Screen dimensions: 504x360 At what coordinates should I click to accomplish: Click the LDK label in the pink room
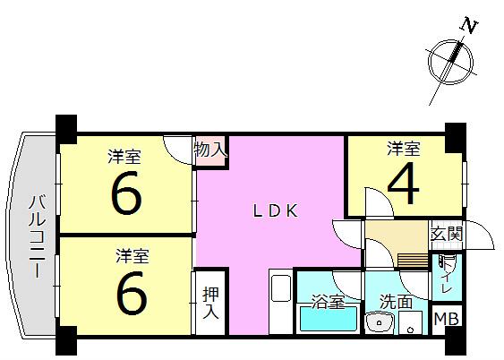click(x=276, y=211)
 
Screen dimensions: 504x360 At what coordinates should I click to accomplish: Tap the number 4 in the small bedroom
click(x=404, y=183)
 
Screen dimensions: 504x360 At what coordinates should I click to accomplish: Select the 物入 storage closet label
click(x=211, y=150)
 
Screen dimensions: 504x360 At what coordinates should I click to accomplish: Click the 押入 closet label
click(x=211, y=303)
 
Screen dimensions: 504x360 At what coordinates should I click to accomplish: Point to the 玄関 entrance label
click(x=447, y=234)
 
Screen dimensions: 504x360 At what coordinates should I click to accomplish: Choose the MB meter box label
click(x=446, y=319)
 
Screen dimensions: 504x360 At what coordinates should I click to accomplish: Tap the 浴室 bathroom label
click(x=329, y=302)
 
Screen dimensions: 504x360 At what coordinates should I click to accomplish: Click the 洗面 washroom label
click(x=396, y=302)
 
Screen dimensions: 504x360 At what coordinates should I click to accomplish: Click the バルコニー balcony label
click(x=38, y=236)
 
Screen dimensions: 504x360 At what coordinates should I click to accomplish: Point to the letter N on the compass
click(x=469, y=26)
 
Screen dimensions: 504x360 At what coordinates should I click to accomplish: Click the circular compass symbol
click(x=450, y=63)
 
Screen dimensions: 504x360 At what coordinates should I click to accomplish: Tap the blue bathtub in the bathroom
click(x=329, y=319)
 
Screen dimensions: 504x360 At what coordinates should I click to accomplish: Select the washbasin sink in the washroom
click(x=380, y=321)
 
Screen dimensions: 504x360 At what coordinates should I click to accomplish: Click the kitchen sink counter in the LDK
click(x=281, y=302)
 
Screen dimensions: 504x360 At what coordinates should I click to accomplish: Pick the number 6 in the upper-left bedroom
click(x=126, y=193)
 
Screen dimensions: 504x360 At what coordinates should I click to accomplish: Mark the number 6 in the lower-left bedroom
click(x=132, y=293)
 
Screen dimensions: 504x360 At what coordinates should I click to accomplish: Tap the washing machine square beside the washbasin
click(x=411, y=322)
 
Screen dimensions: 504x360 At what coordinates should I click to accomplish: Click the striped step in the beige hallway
click(x=413, y=260)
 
